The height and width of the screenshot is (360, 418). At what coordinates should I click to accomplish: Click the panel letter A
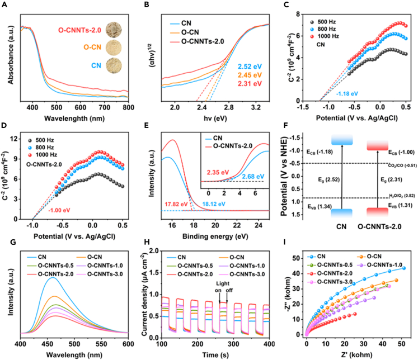pyautogui.click(x=6, y=5)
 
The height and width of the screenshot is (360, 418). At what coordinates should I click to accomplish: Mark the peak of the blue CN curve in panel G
pyautogui.click(x=53, y=277)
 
